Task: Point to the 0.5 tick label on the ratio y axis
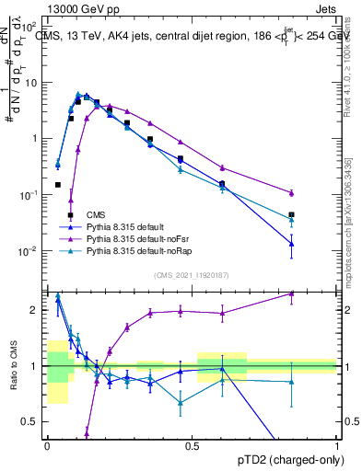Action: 31,422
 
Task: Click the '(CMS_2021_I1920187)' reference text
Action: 192,275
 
